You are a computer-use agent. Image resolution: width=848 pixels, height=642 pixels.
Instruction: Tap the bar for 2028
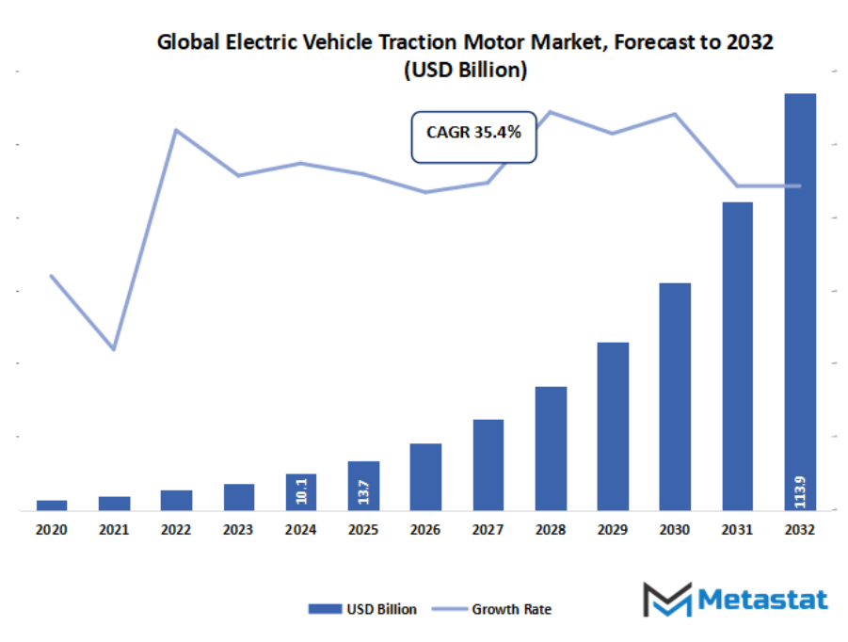coord(551,448)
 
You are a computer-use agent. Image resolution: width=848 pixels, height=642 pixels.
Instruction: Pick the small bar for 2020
coord(52,505)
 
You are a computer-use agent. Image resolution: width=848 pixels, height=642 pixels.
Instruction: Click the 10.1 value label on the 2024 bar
coord(301,491)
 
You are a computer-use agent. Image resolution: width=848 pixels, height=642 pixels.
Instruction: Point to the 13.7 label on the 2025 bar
coord(363,488)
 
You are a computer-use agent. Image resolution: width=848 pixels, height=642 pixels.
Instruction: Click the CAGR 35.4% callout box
coord(473,134)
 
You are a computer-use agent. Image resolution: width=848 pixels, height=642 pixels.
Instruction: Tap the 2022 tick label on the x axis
coord(176,530)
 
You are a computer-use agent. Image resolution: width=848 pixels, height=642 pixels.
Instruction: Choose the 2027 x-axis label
coord(488,530)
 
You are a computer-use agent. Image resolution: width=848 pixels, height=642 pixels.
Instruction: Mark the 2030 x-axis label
coord(675,530)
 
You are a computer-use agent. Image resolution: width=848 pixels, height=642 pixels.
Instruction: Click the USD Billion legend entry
coord(362,609)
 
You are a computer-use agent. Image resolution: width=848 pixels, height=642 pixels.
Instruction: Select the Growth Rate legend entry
coord(498,609)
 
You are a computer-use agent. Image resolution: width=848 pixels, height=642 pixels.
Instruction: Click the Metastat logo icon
coord(666,600)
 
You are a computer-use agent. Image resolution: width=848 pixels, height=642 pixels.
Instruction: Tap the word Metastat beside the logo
coord(762,600)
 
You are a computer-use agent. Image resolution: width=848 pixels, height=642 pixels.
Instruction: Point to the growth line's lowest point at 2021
coord(114,349)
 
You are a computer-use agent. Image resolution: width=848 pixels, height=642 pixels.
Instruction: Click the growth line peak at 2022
coord(176,130)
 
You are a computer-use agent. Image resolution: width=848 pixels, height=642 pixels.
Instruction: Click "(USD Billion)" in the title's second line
coord(465,70)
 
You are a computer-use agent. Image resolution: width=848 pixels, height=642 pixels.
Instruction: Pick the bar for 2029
coord(613,425)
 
